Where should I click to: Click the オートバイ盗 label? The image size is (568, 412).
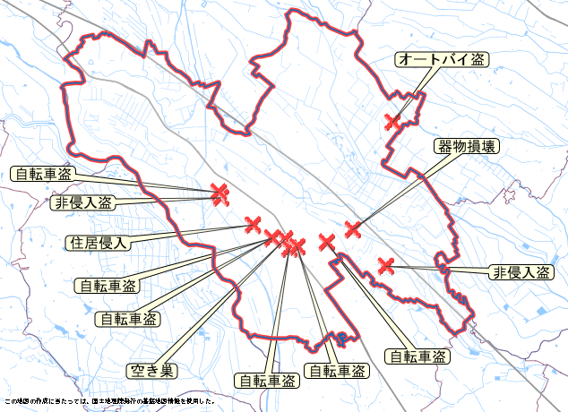point(441,60)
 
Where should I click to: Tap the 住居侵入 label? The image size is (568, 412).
point(99,242)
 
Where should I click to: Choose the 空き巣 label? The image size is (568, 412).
point(152,369)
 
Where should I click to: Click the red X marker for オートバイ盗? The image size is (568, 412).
point(392,122)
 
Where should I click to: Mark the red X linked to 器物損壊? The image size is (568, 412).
point(353,229)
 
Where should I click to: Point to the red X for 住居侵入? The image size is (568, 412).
point(253,223)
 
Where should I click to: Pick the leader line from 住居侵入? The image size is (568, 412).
point(193,233)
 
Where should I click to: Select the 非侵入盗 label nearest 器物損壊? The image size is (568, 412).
point(520,272)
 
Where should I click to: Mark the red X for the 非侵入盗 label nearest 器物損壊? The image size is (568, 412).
point(386,264)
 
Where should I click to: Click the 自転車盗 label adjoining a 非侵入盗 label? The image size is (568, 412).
point(42,173)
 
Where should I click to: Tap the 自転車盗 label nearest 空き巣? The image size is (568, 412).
point(126,318)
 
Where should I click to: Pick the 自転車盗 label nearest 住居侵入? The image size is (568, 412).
point(107,286)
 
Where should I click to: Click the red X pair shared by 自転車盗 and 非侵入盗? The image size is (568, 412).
point(219,193)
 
